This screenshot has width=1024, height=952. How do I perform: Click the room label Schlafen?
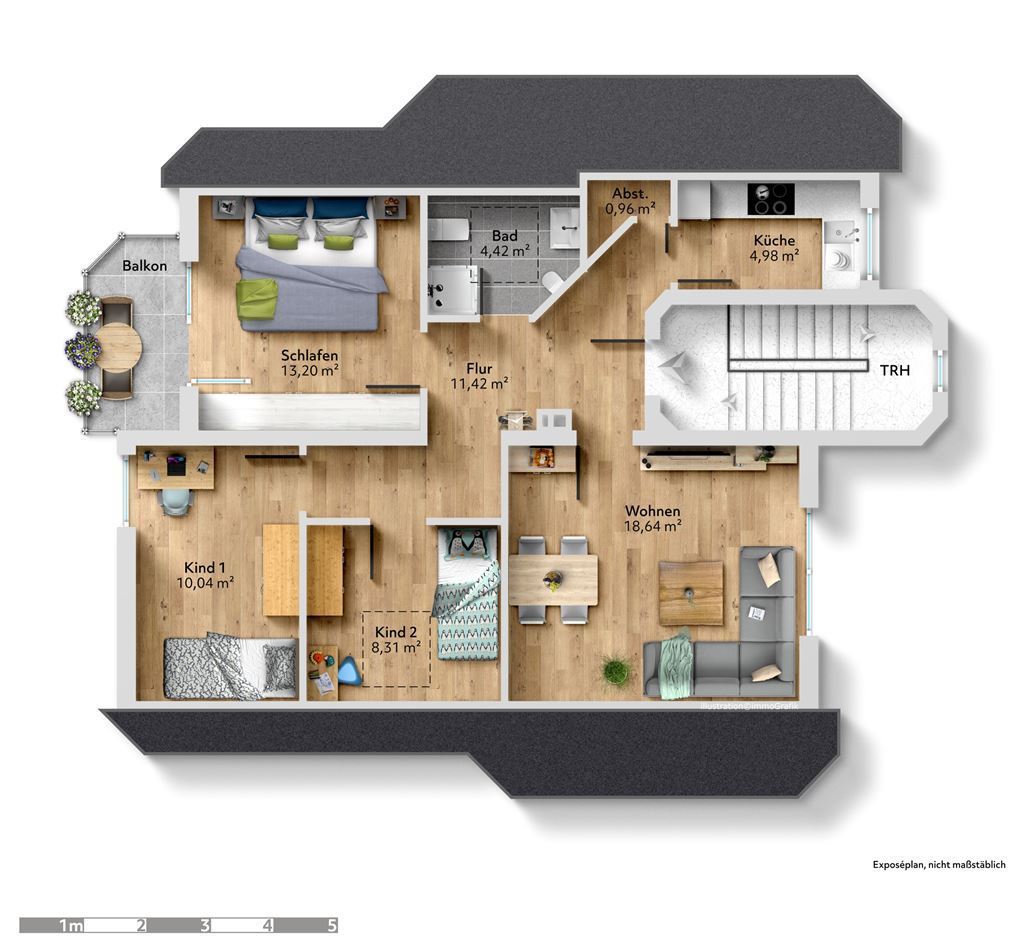[310, 356]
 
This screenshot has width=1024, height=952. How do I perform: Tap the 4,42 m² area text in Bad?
[500, 250]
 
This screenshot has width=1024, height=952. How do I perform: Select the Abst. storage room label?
[630, 194]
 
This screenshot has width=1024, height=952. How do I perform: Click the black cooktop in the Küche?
[771, 199]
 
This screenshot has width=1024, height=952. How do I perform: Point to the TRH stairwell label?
[894, 370]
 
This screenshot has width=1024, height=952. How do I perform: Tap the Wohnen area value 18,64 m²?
[653, 526]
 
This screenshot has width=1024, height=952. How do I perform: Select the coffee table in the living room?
[691, 592]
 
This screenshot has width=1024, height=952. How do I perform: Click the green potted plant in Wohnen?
[616, 672]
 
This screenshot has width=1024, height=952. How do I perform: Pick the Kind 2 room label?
[396, 632]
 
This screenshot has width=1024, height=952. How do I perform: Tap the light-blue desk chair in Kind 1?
[176, 501]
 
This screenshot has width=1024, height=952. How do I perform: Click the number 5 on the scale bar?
[332, 925]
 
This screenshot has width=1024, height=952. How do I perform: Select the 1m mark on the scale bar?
[71, 925]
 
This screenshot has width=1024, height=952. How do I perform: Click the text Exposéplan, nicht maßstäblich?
[939, 865]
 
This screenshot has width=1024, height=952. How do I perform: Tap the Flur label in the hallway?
[479, 368]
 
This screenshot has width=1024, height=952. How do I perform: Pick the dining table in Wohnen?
[553, 580]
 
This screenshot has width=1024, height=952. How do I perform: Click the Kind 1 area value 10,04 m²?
[206, 582]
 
